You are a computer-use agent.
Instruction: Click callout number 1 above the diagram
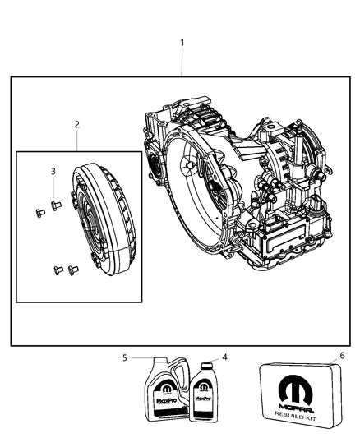pos(182,42)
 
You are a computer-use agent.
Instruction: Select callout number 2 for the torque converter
pos(76,125)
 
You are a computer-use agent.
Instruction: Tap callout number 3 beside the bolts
pos(53,171)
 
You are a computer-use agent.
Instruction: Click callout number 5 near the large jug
pos(124,357)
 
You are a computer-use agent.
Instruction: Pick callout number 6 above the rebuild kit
pos(330,357)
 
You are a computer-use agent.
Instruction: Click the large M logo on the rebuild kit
pos(295,385)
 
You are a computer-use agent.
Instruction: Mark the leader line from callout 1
pos(182,62)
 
